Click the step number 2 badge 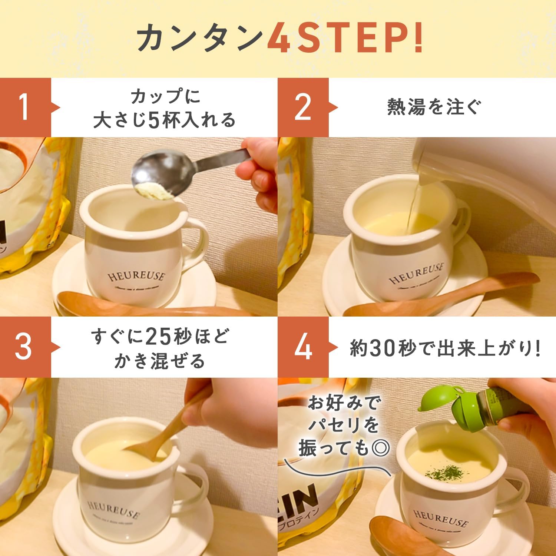coord(303,107)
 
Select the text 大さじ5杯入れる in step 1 coord(164,120)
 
